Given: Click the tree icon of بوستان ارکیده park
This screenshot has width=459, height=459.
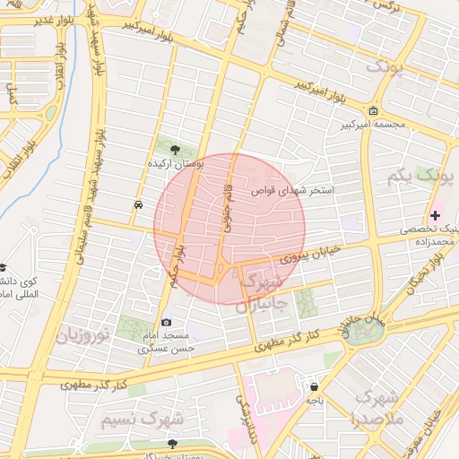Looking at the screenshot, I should (x=174, y=150).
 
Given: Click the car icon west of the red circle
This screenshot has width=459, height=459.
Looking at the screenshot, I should (x=137, y=204).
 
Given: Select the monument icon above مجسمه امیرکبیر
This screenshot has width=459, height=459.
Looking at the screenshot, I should (x=373, y=111).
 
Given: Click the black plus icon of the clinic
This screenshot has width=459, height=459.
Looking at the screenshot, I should (x=436, y=215).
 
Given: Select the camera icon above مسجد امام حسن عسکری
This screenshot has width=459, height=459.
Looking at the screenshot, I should (x=166, y=323).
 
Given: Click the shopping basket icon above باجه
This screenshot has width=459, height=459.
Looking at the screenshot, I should (x=314, y=386).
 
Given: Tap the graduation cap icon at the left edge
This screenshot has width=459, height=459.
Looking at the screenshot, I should (x=3, y=268).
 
